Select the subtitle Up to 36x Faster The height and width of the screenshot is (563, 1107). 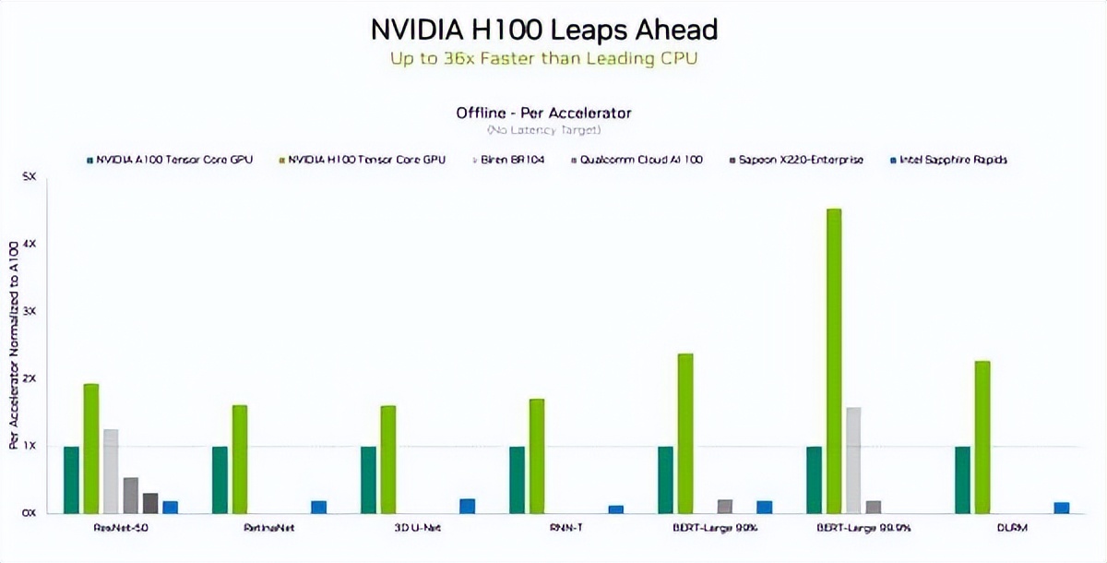(x=543, y=57)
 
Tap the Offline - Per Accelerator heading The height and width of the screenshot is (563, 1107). (x=543, y=113)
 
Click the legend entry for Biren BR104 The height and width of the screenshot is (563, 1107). (x=512, y=160)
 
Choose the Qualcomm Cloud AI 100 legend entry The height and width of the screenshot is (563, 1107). (x=640, y=160)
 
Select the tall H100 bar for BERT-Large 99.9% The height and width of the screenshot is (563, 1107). (x=834, y=360)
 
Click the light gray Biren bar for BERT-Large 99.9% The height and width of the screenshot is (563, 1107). (x=853, y=460)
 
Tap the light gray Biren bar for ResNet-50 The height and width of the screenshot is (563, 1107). (x=111, y=471)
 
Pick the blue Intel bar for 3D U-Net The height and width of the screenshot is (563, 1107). (x=467, y=506)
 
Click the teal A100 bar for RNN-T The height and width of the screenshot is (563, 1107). (x=517, y=480)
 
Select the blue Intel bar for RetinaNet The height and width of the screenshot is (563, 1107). (x=318, y=507)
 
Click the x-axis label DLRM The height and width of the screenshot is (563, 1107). (x=1009, y=528)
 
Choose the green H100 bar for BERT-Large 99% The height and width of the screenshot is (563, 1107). (x=684, y=433)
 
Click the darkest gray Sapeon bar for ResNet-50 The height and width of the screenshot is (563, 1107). (x=150, y=503)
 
